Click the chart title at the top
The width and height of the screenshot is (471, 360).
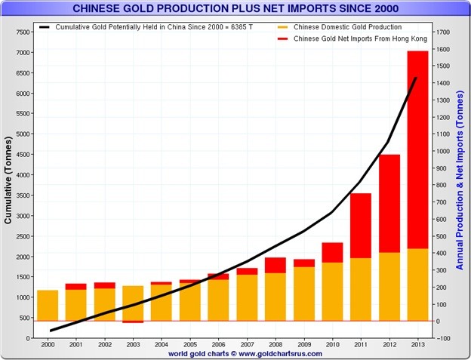coord(235,9)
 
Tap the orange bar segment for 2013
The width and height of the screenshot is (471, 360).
coord(417,285)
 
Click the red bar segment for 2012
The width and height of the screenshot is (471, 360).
coord(389,203)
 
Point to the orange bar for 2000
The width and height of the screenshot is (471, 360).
coord(48,305)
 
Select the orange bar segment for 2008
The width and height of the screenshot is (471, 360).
coord(276,297)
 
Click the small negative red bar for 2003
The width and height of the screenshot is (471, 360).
coord(133,322)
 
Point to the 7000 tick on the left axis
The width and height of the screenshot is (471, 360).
coord(23,52)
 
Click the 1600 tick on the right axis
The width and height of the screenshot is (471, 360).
coord(443,49)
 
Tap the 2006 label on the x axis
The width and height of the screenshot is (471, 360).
coord(218,344)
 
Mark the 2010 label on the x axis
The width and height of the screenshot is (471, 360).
coord(332,344)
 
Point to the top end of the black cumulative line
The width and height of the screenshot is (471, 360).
coord(417,78)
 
